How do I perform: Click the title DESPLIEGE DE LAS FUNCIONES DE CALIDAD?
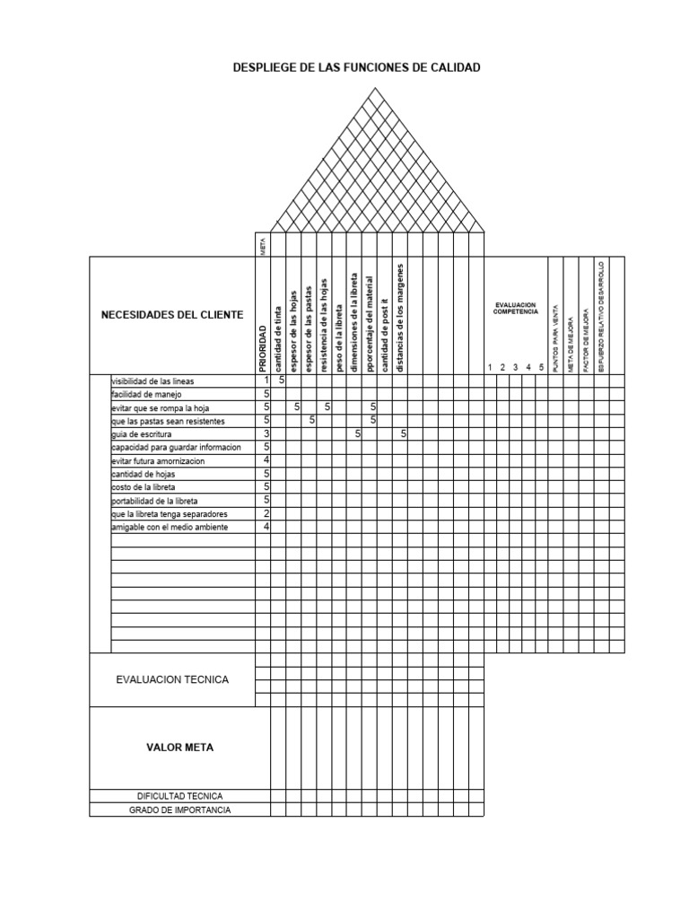tap(357, 67)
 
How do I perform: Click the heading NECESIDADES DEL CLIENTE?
tap(171, 315)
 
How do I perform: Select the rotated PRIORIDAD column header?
tap(263, 347)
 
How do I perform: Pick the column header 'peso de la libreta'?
tap(340, 335)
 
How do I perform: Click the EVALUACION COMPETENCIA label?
tap(516, 309)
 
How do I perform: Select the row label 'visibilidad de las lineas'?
tap(153, 381)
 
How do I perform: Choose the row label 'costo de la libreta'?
tap(143, 487)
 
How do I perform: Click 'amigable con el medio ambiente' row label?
tap(170, 528)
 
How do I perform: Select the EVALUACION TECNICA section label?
tap(172, 679)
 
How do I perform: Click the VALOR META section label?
tap(180, 748)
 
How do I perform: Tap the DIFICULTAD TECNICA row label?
tap(179, 796)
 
